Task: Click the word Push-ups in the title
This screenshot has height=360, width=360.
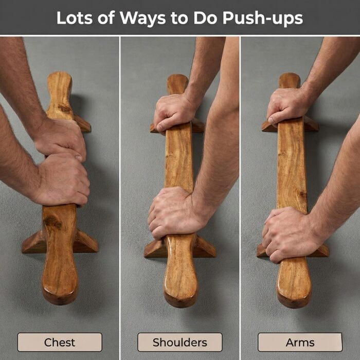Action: coord(262,19)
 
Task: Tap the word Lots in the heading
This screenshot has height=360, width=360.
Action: coord(75,17)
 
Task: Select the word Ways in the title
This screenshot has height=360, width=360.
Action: coord(142,19)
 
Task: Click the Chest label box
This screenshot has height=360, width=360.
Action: coord(60,342)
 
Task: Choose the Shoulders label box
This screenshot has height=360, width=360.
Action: coord(180,342)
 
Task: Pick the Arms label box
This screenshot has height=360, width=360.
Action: coord(300,342)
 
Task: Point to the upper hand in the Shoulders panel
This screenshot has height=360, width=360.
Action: coord(174,112)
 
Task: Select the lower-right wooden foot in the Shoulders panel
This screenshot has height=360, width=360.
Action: coord(205,247)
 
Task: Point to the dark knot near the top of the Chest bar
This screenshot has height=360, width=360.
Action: coord(64,108)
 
